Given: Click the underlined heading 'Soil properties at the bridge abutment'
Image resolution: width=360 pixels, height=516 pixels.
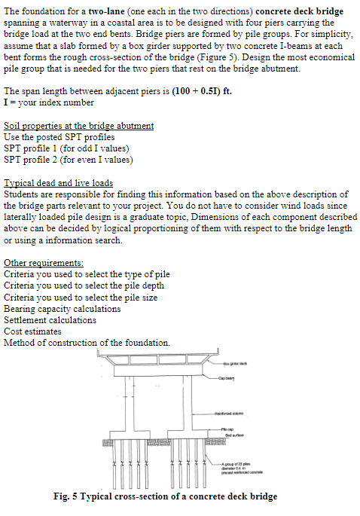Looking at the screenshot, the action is (x=79, y=125).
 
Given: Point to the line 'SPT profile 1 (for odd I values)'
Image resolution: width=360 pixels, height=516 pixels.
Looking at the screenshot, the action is (x=68, y=148).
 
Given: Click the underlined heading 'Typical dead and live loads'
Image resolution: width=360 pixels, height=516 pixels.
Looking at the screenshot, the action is (x=59, y=182).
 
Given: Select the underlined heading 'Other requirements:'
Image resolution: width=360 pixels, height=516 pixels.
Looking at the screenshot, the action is (x=44, y=262).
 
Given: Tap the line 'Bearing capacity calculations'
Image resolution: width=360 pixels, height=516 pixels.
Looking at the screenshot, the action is (x=63, y=309).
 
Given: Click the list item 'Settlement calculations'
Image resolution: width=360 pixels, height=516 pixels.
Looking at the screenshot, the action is (x=51, y=320).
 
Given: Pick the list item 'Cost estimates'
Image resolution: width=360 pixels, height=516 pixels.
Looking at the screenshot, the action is (x=33, y=331).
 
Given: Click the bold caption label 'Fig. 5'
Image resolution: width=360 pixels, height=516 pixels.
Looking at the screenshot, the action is (x=69, y=496).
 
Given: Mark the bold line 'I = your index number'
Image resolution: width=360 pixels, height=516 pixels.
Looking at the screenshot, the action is (x=49, y=102).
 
